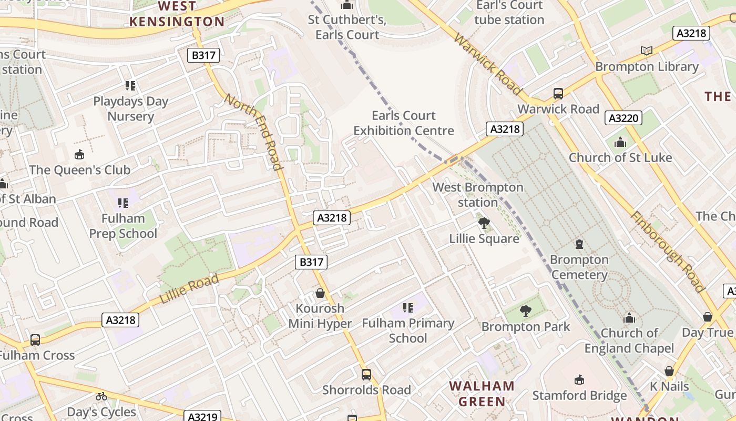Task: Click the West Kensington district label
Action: point(177,14)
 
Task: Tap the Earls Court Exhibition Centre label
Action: point(403,123)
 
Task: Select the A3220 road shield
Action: point(623,118)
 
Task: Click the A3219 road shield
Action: point(202,417)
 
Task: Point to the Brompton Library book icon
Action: point(647,51)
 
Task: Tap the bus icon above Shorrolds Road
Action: point(366,375)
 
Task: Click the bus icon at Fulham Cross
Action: point(35,340)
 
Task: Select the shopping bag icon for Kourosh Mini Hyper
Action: point(320,293)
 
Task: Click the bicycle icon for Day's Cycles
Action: point(101,396)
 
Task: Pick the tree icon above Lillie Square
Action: point(484,223)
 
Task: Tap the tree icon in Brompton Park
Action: point(525,311)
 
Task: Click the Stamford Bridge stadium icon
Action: point(579,379)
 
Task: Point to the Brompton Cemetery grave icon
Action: point(579,244)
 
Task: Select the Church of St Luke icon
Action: point(620,142)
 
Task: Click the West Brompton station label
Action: point(477,195)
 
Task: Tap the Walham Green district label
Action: point(482,394)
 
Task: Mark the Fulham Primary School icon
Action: point(407,308)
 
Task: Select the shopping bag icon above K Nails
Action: point(669,371)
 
